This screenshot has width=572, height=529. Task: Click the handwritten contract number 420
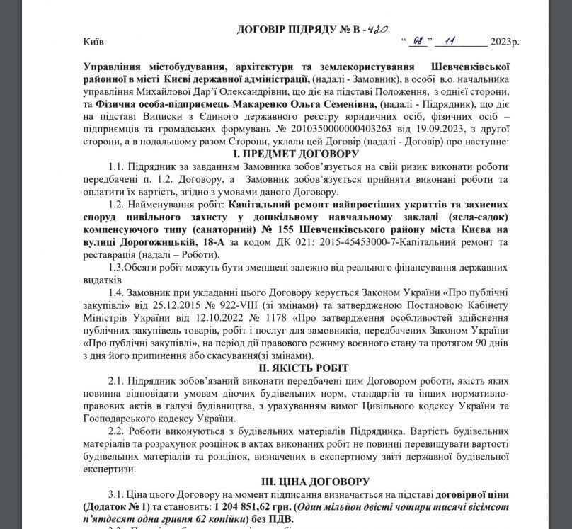[380, 30]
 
